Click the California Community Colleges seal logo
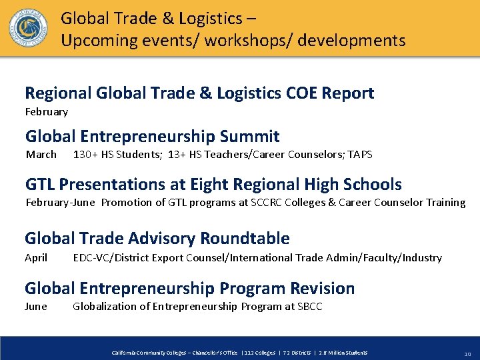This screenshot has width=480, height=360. [28, 27]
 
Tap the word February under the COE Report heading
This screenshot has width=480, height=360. [47, 112]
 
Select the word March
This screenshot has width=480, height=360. [41, 155]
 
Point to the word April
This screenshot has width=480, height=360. [37, 257]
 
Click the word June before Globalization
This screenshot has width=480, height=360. [36, 307]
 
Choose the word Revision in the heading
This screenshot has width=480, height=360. [323, 289]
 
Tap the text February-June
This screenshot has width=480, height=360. [60, 203]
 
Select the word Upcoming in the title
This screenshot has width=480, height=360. [100, 41]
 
